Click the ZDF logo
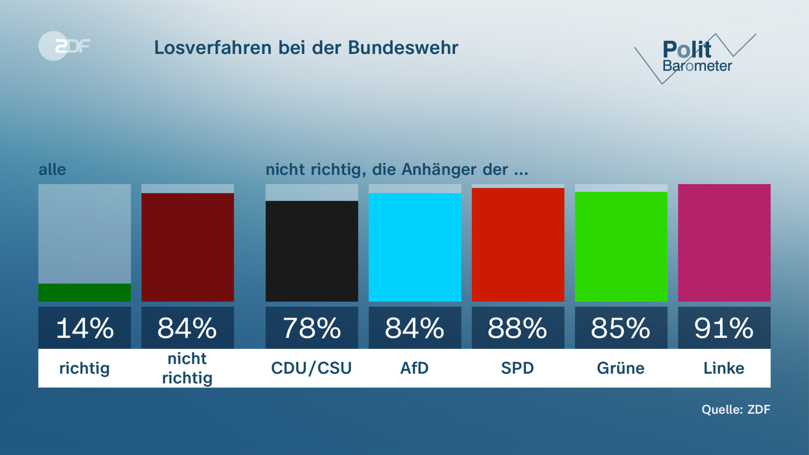click(x=64, y=46)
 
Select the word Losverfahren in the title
click(x=213, y=48)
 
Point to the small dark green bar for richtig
click(x=84, y=292)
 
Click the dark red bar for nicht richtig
click(x=187, y=247)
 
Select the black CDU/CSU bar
click(x=311, y=251)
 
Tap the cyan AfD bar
click(x=415, y=247)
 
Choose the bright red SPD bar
click(x=518, y=245)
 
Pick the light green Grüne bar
click(x=621, y=246)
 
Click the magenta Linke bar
click(x=724, y=243)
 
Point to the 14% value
click(x=84, y=328)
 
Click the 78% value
click(x=311, y=328)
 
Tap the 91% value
click(x=724, y=328)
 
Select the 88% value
click(x=518, y=328)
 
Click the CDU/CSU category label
click(x=311, y=368)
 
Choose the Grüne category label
click(x=621, y=368)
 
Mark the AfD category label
click(x=415, y=368)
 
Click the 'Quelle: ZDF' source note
click(x=736, y=409)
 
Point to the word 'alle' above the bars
click(x=52, y=169)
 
